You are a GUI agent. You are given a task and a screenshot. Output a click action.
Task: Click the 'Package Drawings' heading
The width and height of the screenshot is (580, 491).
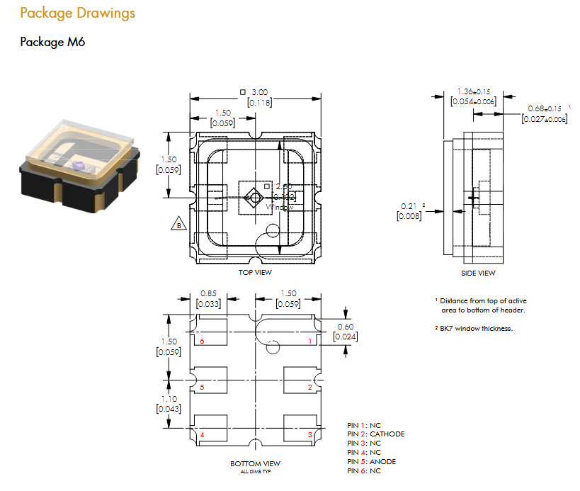tap(77, 13)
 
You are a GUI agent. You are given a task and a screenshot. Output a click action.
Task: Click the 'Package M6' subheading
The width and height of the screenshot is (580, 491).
tap(52, 42)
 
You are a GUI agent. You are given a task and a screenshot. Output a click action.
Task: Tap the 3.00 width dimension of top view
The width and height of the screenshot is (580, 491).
tap(260, 92)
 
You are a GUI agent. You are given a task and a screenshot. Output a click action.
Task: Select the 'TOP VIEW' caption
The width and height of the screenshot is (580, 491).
tap(255, 272)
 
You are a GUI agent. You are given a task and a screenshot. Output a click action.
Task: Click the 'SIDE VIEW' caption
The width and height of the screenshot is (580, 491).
tap(478, 273)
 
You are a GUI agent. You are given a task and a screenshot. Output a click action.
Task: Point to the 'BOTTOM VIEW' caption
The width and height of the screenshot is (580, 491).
tap(255, 463)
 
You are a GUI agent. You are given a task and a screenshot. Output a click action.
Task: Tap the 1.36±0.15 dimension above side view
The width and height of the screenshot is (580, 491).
tap(474, 92)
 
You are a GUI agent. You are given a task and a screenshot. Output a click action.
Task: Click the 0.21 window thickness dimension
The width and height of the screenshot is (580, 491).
tap(409, 206)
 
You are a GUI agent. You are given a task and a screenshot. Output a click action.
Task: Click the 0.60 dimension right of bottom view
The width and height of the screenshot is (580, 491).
tap(345, 326)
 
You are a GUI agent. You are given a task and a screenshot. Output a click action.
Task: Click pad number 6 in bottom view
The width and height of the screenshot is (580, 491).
tap(203, 342)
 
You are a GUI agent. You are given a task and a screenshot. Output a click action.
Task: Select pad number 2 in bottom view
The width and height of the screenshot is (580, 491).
tap(309, 388)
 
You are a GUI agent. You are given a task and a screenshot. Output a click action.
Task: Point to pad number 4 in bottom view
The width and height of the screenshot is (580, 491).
tap(203, 434)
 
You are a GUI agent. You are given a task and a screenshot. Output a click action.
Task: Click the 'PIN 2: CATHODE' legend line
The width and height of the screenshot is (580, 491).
tap(375, 434)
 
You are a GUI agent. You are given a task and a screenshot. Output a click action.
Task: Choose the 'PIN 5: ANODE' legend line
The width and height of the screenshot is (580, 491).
tap(371, 462)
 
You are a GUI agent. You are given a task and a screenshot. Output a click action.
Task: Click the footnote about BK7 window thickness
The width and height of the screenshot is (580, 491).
tap(474, 329)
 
